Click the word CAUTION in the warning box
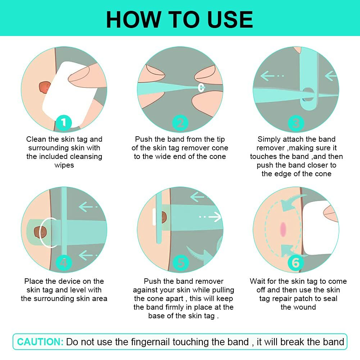[40, 342]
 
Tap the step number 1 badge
[64, 123]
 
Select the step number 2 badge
[180, 123]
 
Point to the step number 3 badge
[296, 123]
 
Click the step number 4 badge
[64, 263]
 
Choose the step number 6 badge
[296, 263]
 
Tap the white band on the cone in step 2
[201, 87]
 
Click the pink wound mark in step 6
[283, 229]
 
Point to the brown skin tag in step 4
[40, 232]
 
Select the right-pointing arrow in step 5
[210, 217]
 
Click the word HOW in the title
[133, 19]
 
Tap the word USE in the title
[230, 19]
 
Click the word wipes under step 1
[64, 165]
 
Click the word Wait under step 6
[258, 281]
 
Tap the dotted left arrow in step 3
[272, 76]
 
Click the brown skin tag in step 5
[164, 217]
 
